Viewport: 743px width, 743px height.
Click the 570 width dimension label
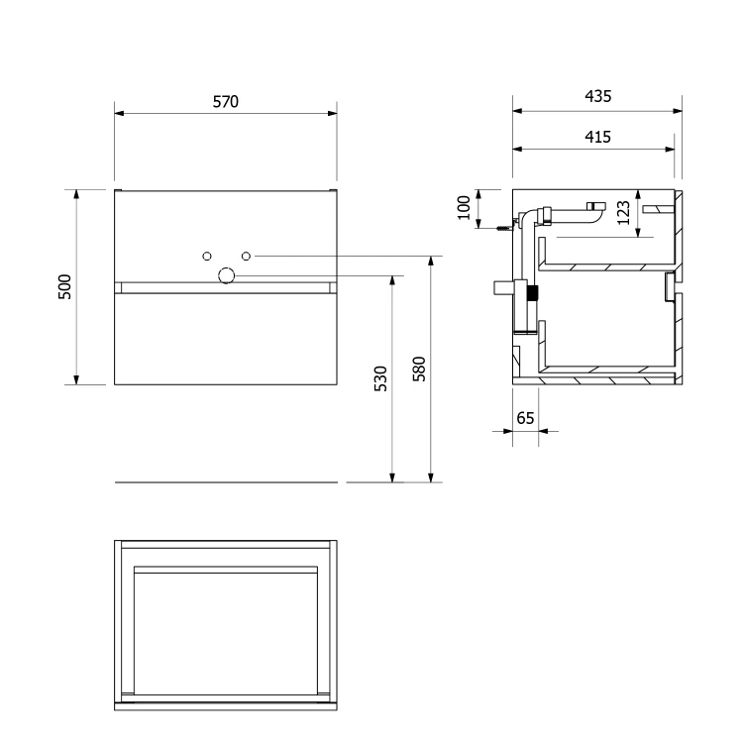point(226,101)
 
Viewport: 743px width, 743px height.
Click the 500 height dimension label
point(64,286)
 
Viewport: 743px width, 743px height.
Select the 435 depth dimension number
point(598,96)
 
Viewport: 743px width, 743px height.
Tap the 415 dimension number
point(598,137)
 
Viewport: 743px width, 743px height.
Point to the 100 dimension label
point(464,208)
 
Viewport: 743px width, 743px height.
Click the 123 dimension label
point(623,213)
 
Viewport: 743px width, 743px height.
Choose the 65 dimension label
point(525,418)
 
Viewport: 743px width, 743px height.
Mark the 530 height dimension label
point(380,378)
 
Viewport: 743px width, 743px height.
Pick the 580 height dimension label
point(419,370)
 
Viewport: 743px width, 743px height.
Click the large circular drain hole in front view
point(227,275)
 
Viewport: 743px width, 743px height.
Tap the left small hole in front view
point(207,256)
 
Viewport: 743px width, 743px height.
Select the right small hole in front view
point(246,256)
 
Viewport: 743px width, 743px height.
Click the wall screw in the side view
point(505,228)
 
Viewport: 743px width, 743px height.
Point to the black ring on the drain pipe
point(534,293)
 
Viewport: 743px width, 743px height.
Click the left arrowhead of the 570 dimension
point(119,113)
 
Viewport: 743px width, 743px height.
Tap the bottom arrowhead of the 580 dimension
point(431,478)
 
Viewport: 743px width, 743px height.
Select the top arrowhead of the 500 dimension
point(76,194)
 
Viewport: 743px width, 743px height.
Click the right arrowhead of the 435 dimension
point(678,111)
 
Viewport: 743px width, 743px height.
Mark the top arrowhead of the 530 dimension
point(392,280)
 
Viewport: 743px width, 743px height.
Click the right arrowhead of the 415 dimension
point(670,149)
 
